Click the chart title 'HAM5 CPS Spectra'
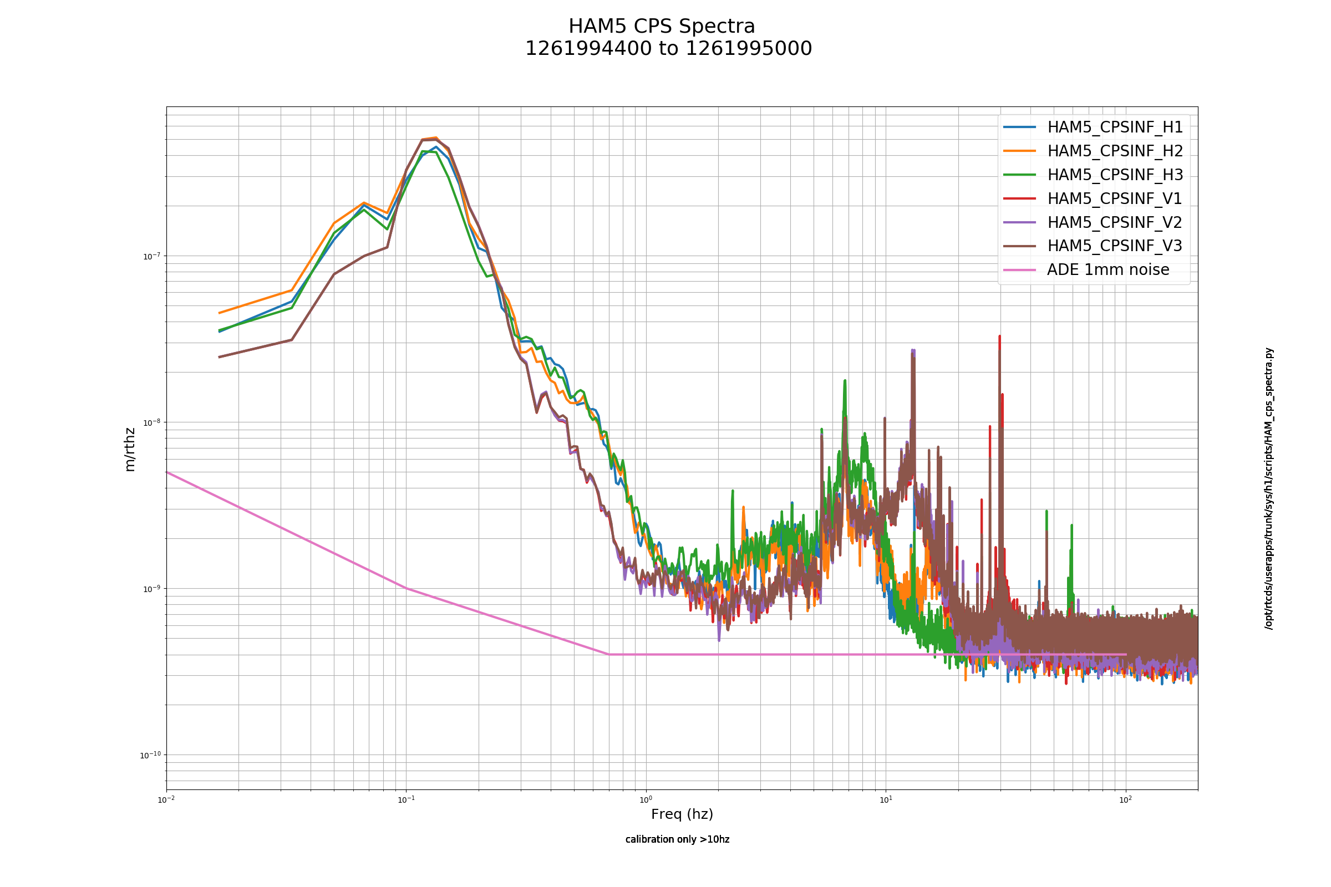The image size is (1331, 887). coord(662,27)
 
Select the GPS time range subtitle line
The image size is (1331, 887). coord(668,49)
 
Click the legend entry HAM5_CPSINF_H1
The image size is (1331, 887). coord(1093,128)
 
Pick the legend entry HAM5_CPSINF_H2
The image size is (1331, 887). coord(1093,151)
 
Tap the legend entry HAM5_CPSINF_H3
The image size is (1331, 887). coord(1093,175)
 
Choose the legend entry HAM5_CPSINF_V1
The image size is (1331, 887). coord(1093,198)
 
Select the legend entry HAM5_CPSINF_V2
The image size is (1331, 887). coord(1093,222)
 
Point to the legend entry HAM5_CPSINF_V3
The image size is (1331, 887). coord(1093,246)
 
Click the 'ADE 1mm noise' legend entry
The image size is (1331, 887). coord(1086,269)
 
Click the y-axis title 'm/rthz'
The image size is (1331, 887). coord(130,450)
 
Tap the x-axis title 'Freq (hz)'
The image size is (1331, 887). coord(682,814)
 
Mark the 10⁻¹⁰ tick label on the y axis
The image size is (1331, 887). coord(149,755)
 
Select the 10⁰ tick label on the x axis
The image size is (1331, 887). coord(646,799)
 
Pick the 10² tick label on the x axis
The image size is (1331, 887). coord(1126,799)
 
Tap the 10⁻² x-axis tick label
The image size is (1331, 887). coord(166,799)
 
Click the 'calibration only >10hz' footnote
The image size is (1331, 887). coord(677,839)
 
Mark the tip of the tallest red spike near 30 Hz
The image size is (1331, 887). coord(999,336)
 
